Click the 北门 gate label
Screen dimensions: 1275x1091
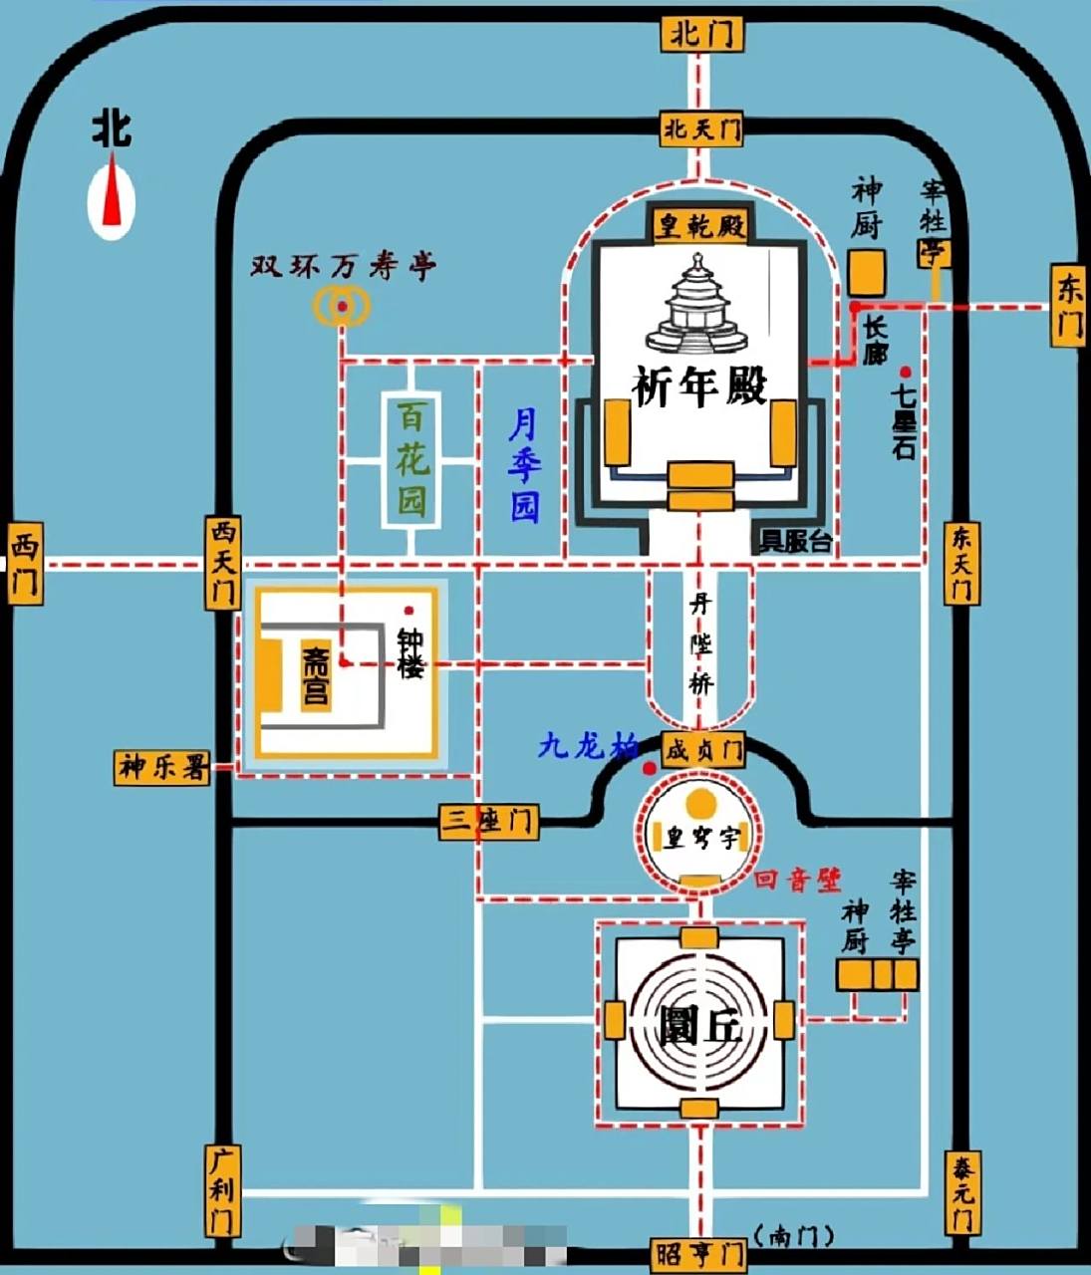pos(701,34)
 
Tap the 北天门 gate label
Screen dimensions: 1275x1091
pos(702,127)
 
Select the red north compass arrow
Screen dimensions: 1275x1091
pos(113,197)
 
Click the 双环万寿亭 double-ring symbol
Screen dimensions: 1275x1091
pos(342,307)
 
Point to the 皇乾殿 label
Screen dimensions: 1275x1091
pos(699,226)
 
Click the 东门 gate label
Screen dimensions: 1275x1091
pos(1069,306)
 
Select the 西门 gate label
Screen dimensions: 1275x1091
pos(24,566)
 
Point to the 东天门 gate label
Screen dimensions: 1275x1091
pos(960,563)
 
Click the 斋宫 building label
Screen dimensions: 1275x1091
pos(315,677)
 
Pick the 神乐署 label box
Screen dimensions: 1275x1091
pos(163,767)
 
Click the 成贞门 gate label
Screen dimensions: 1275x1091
pos(703,749)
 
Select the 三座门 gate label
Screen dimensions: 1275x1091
pos(489,822)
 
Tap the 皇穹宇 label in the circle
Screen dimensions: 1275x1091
pos(701,838)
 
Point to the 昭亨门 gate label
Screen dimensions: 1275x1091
pos(701,1252)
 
